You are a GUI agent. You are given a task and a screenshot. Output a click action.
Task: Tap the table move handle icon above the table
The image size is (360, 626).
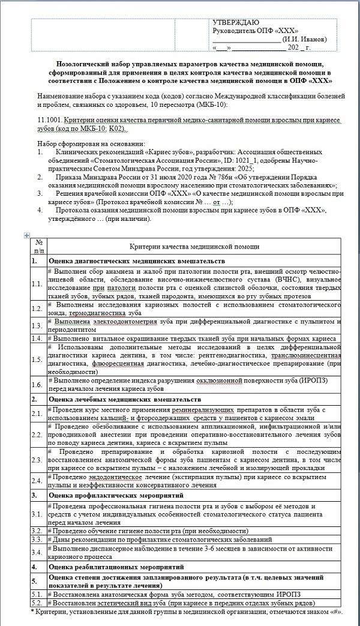pos(26,235)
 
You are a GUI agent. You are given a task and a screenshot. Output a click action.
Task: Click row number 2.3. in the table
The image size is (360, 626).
pos(38,457)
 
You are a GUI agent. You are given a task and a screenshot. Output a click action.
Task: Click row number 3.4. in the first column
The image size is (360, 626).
pos(38,550)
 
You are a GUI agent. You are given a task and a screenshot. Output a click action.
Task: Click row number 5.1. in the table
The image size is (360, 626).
pos(38,594)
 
